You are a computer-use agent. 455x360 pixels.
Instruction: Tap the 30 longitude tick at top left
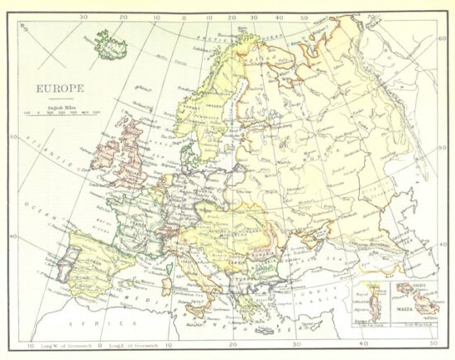point(84,16)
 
